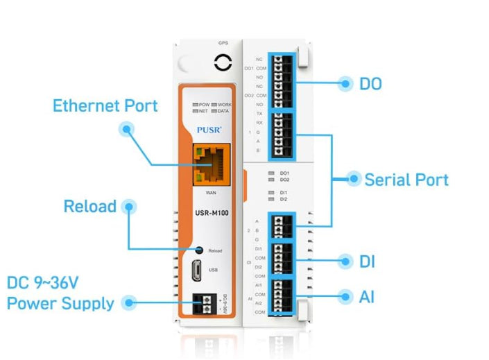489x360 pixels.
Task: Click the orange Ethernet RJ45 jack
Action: click(x=212, y=164)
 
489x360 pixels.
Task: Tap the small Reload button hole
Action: click(x=199, y=249)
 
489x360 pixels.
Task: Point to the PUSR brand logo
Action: click(x=209, y=129)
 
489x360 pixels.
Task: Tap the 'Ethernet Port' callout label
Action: click(x=105, y=106)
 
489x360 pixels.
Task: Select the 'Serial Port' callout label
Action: click(x=406, y=180)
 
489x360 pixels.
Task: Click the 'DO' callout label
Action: click(x=370, y=85)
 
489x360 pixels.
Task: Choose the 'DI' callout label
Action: click(x=367, y=262)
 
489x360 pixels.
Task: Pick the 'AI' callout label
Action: click(x=367, y=296)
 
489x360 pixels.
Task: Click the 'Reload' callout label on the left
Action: click(x=89, y=207)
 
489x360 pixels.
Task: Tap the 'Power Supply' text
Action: click(x=60, y=303)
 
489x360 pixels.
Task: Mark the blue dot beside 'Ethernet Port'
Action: click(x=126, y=128)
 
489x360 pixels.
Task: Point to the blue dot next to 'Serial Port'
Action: click(x=353, y=179)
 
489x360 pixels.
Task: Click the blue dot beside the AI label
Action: click(x=345, y=296)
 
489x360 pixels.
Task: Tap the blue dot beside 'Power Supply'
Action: click(x=127, y=302)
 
